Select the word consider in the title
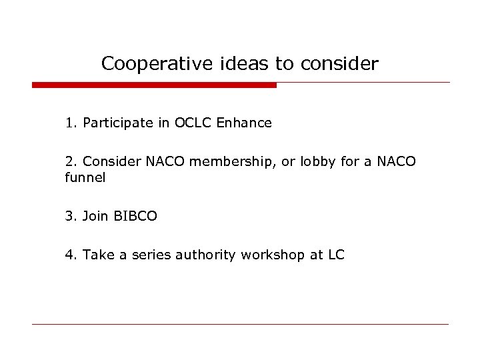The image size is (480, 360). click(x=339, y=64)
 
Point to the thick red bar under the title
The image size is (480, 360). click(x=154, y=85)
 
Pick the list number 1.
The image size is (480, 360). click(x=70, y=123)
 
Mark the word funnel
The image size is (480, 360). click(x=85, y=178)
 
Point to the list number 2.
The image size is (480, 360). click(x=70, y=162)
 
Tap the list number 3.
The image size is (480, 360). click(x=70, y=217)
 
